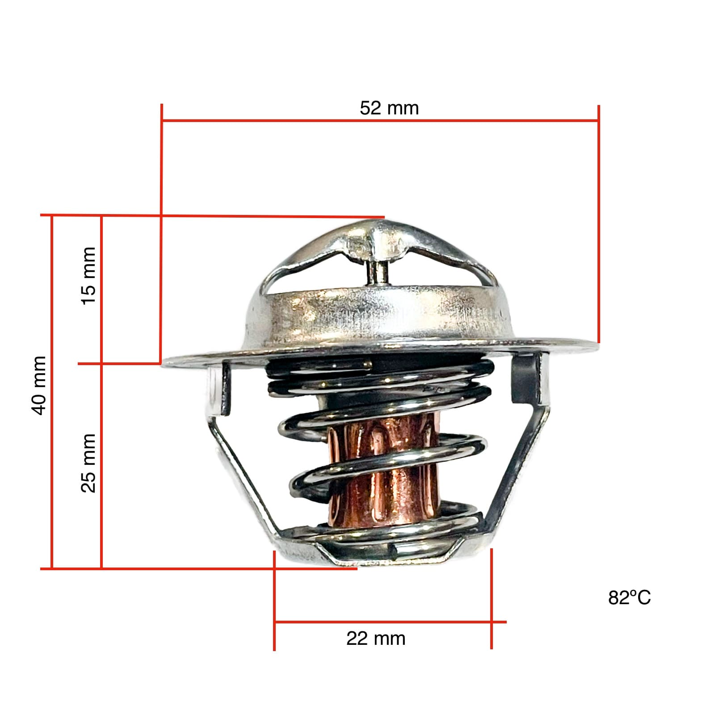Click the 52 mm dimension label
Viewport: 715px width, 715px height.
click(x=389, y=108)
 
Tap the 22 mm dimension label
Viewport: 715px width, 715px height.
click(x=375, y=638)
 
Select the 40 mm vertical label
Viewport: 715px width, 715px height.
click(x=39, y=385)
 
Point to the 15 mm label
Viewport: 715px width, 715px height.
click(x=88, y=276)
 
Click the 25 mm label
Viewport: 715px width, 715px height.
click(x=88, y=463)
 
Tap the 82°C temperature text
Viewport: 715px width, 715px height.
click(x=629, y=597)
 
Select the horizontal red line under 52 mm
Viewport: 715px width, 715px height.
click(x=380, y=120)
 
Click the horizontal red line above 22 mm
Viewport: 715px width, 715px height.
click(x=384, y=622)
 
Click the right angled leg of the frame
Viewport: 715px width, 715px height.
click(x=518, y=469)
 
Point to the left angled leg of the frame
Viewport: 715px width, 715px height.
click(x=241, y=469)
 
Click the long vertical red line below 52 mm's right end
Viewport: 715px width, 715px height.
click(x=598, y=223)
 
